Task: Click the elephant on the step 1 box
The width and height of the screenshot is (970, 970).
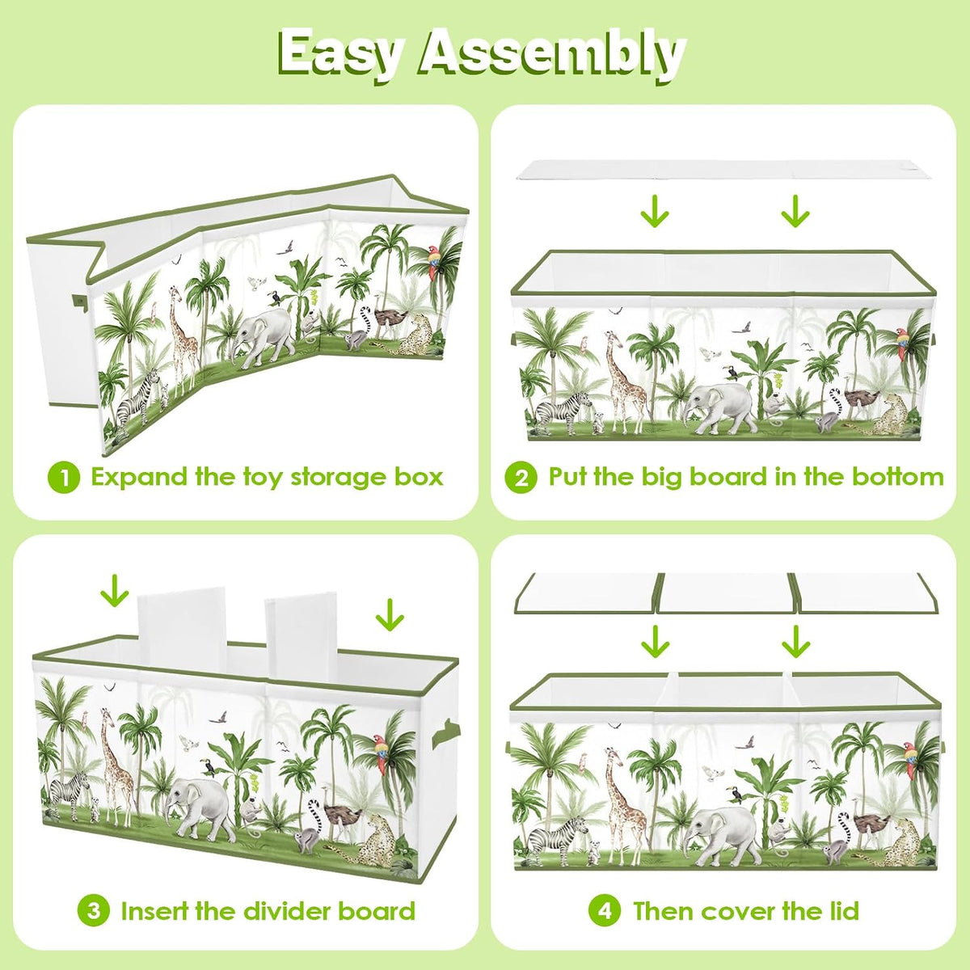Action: pos(264,334)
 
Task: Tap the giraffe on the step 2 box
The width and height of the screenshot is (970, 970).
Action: pos(624,382)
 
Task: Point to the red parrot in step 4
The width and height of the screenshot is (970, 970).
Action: pos(910,766)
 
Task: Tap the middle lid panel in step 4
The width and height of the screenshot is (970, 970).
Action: pos(727,593)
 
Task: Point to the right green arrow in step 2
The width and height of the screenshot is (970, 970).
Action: pos(795,212)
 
